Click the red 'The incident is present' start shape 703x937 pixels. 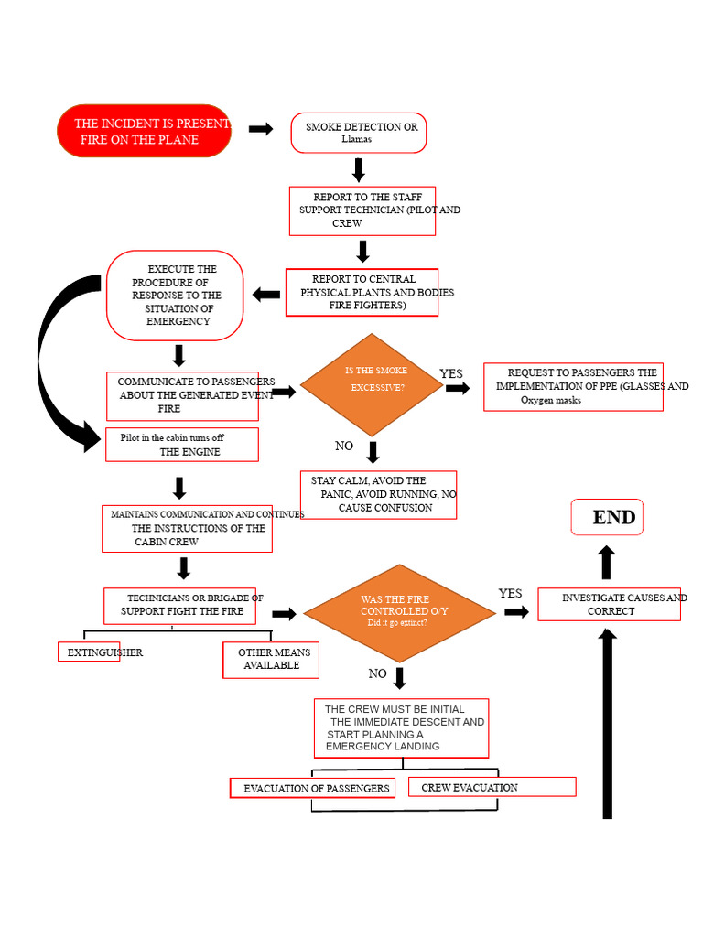[144, 131]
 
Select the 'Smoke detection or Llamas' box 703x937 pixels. [359, 133]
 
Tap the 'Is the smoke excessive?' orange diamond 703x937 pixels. [372, 385]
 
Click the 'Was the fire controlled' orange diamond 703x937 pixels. [399, 613]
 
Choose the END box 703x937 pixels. [607, 517]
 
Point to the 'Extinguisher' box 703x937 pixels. [89, 652]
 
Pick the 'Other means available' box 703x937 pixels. [271, 661]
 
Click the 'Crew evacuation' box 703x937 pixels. [492, 787]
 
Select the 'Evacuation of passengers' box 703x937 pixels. [313, 788]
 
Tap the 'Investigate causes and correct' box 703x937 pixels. [609, 604]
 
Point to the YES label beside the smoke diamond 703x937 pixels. [450, 373]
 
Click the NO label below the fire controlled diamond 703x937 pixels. [377, 673]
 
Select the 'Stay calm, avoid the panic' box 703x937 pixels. [378, 495]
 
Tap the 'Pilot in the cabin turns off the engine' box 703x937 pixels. [182, 445]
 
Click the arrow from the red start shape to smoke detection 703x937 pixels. [261, 128]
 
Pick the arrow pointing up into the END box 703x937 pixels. [607, 563]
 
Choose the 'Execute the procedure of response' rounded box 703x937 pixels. [175, 296]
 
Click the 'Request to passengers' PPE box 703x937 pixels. [573, 387]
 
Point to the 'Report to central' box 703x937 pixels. [362, 292]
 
